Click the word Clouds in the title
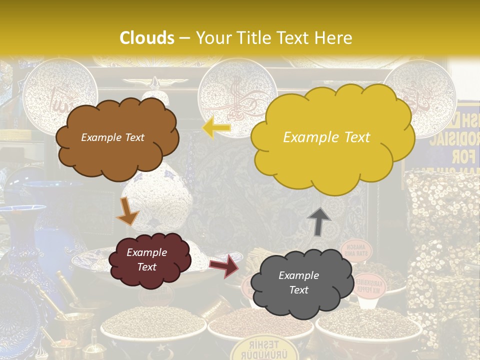pos(147,38)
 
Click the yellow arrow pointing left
pos(216,128)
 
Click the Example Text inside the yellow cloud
pos(326,137)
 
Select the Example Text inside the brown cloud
pos(112,137)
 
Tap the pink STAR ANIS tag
pos(356,248)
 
